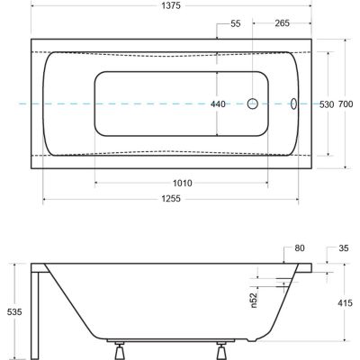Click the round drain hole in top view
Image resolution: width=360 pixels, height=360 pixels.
pos(254,103)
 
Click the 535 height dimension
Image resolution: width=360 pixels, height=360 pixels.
pos(12,310)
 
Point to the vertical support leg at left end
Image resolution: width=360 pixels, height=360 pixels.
pos(34,311)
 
